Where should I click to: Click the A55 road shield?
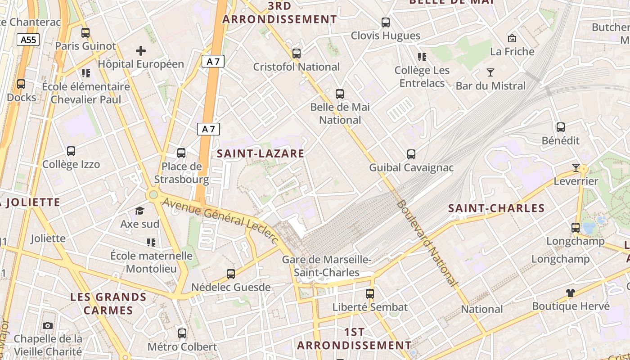(28, 40)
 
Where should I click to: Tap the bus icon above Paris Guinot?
(85, 33)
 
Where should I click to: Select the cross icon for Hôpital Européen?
(141, 51)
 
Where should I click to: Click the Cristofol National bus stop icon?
(296, 54)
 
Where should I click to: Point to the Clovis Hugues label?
(385, 36)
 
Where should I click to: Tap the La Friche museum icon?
(512, 38)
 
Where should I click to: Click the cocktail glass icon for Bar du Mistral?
(490, 72)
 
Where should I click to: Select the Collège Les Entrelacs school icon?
(422, 57)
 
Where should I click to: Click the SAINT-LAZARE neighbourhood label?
(261, 153)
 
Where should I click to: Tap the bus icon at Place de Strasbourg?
(181, 153)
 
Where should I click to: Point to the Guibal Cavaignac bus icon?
(411, 154)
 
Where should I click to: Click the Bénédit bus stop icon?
(560, 127)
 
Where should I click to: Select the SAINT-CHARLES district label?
(496, 208)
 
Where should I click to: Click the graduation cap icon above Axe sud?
(140, 211)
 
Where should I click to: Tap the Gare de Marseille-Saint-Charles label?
(326, 266)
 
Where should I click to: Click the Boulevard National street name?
(427, 243)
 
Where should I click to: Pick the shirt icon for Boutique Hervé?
(571, 293)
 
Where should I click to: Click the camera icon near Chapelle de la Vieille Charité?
(48, 325)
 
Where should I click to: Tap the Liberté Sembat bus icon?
(369, 294)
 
